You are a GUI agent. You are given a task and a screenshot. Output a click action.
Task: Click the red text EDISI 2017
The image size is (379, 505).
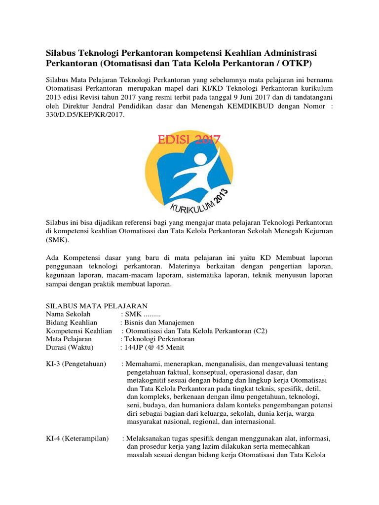189,140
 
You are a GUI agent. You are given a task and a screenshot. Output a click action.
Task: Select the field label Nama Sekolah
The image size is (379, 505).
69,314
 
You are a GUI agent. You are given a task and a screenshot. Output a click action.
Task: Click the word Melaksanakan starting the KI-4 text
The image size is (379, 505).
150,439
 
